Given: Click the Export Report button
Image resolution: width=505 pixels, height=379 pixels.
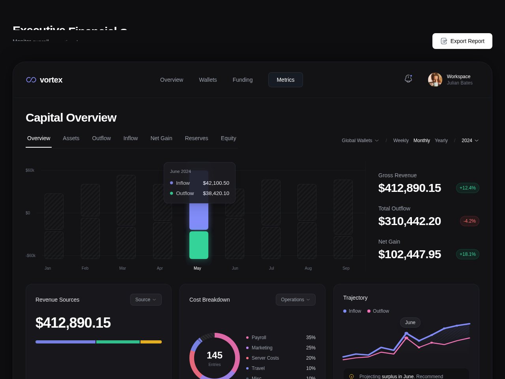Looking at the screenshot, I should [462, 41].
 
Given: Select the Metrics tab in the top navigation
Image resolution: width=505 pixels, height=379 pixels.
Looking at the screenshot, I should [285, 80].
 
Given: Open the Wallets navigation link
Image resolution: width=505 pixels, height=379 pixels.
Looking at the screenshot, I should [208, 80].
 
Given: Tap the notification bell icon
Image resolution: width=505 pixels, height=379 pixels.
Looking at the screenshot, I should [408, 79].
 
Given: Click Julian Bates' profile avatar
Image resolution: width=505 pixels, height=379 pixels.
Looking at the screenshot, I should [435, 80].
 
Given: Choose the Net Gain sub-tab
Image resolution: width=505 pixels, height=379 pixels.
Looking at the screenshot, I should [161, 138].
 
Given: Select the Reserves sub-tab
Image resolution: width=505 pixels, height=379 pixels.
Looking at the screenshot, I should [196, 138].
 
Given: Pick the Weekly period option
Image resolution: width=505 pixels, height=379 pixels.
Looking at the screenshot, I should [401, 141].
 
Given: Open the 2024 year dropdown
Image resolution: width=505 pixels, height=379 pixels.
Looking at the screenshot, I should [470, 141].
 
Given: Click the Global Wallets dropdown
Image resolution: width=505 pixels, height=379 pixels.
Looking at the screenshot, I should [360, 141].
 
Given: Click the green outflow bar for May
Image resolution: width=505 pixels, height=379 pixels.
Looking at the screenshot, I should [199, 245].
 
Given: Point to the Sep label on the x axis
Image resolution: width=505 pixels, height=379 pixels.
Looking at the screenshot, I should [346, 268].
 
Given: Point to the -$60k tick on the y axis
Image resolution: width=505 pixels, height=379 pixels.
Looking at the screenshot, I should [31, 255].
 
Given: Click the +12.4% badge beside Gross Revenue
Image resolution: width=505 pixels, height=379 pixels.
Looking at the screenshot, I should [468, 188].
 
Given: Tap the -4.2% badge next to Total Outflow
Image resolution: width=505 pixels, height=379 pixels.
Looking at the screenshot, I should [469, 221].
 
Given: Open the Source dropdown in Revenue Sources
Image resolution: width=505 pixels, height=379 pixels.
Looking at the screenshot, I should [146, 300].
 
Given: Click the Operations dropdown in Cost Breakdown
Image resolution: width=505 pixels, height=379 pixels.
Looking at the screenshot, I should [295, 300].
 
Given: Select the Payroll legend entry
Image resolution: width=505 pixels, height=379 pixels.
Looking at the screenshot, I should [259, 338].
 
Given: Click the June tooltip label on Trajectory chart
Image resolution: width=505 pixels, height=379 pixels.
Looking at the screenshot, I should [410, 323].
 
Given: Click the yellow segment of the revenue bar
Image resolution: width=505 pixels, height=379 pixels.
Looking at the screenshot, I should [151, 342].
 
